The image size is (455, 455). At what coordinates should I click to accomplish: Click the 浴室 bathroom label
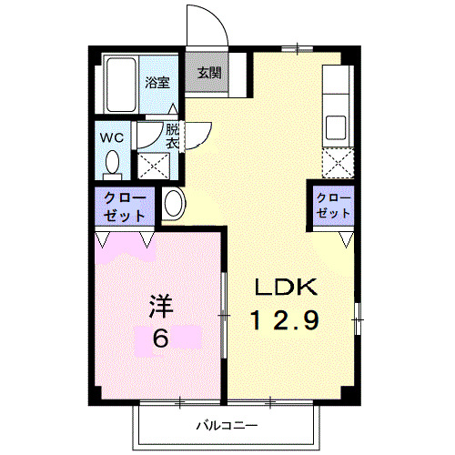pyautogui.click(x=157, y=82)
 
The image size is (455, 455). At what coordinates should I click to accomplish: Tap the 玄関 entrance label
pyautogui.click(x=208, y=74)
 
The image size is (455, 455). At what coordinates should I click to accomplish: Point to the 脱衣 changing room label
pyautogui.click(x=173, y=136)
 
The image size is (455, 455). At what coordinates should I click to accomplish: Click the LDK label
pyautogui.click(x=284, y=288)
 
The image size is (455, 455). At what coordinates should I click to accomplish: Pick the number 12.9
pyautogui.click(x=285, y=320)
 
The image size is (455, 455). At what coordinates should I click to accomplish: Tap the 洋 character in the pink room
pyautogui.click(x=160, y=306)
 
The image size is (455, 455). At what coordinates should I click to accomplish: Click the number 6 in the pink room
pyautogui.click(x=160, y=339)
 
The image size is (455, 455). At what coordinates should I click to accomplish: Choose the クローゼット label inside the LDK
pyautogui.click(x=333, y=206)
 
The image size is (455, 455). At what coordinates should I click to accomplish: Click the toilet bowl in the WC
pyautogui.click(x=113, y=165)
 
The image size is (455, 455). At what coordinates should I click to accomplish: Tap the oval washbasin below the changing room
pyautogui.click(x=174, y=204)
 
